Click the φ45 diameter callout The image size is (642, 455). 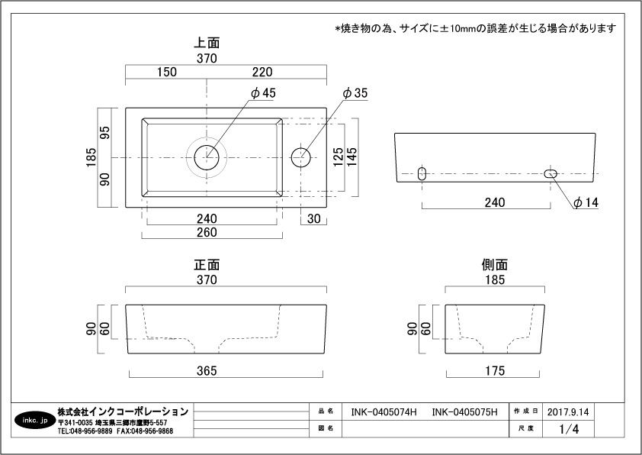tap(263, 93)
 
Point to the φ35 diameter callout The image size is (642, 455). tap(355, 93)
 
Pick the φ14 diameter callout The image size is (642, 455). tap(586, 202)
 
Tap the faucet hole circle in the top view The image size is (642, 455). tap(302, 157)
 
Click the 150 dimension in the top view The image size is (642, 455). tap(167, 73)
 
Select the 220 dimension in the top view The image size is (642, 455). tap(262, 73)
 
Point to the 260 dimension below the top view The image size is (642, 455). tap(207, 232)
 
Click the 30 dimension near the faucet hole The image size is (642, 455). tap(314, 218)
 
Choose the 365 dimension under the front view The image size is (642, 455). tap(207, 371)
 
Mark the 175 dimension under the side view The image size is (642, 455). tap(494, 371)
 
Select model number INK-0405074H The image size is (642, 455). tap(384, 412)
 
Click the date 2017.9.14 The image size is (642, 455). tap(568, 412)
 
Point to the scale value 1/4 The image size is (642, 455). tap(569, 430)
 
